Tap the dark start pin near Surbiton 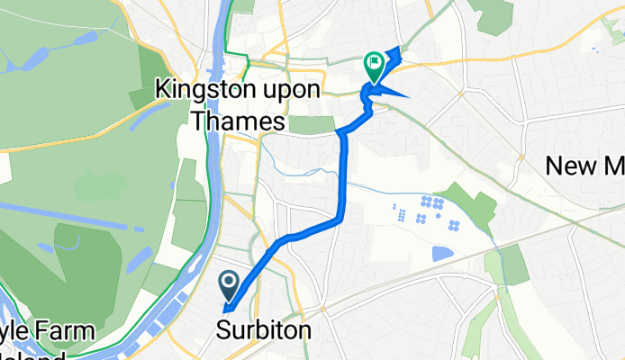pyautogui.click(x=229, y=286)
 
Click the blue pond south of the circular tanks pyautogui.click(x=440, y=254)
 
